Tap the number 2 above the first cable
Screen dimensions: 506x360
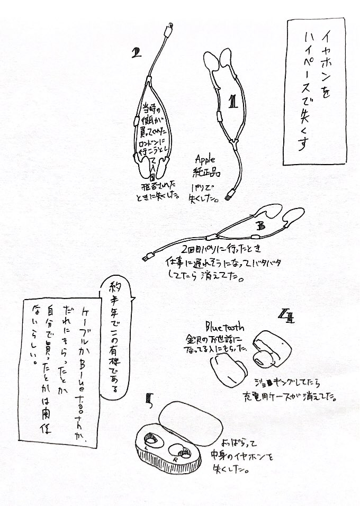(138, 52)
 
